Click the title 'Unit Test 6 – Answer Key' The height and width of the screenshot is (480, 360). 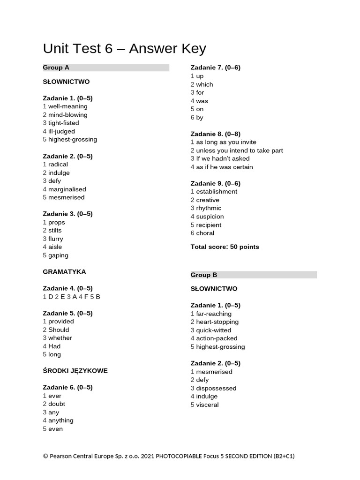(124, 49)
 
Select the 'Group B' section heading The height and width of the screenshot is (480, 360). (204, 275)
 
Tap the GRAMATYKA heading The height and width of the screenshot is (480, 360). (64, 272)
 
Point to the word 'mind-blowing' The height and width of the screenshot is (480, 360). (67, 115)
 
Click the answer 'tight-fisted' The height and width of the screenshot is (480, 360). (63, 123)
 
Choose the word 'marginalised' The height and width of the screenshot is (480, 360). (67, 189)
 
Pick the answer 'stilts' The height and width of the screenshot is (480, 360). (55, 231)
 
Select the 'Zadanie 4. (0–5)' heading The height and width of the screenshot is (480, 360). (67, 288)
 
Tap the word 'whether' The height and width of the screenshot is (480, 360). (60, 338)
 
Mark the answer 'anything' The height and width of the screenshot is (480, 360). (60, 420)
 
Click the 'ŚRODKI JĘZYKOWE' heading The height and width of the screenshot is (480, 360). (75, 371)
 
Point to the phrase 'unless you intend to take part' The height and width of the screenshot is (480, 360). (239, 150)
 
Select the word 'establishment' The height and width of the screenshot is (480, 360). (217, 192)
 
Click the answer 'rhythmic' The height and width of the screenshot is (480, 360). (209, 208)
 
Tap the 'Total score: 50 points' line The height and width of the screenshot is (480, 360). (225, 247)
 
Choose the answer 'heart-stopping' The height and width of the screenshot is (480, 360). (217, 322)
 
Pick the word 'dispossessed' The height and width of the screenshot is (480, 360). (216, 388)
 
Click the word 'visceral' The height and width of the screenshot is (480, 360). (207, 405)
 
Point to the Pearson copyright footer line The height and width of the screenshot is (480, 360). (169, 456)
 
